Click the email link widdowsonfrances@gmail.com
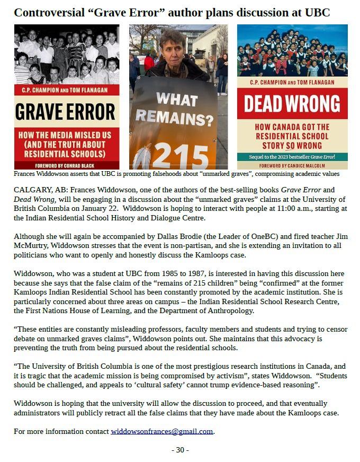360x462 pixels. coord(161,431)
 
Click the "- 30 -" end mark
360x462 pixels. coord(180,450)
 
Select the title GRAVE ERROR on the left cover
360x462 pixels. coord(67,112)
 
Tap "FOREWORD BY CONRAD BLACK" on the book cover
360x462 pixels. coord(67,165)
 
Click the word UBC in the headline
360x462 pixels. coord(317,13)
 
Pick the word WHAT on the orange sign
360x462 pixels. coord(177,99)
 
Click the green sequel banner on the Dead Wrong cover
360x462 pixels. coord(292,157)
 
